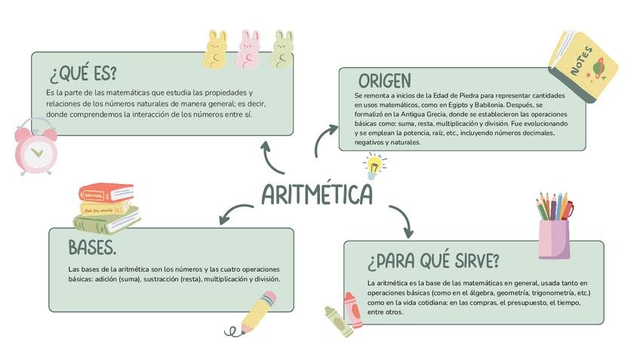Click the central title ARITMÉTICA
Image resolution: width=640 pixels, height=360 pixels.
click(x=317, y=195)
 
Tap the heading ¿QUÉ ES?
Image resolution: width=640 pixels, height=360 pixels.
click(x=83, y=74)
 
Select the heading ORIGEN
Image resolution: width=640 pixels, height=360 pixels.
click(x=384, y=81)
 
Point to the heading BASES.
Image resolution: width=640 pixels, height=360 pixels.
click(x=91, y=248)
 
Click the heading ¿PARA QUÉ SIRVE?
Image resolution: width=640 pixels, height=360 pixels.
click(x=433, y=261)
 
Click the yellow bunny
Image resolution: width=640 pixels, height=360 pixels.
click(x=216, y=50)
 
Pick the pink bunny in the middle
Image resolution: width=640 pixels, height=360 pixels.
click(x=248, y=50)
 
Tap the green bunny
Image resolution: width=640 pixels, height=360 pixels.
click(x=282, y=50)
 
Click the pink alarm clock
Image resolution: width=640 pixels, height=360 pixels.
click(x=35, y=147)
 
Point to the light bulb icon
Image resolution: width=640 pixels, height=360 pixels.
click(x=373, y=165)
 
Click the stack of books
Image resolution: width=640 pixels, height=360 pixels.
click(x=106, y=208)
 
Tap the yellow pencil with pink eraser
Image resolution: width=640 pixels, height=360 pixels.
click(x=257, y=312)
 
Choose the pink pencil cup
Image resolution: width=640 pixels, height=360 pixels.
click(x=554, y=237)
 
